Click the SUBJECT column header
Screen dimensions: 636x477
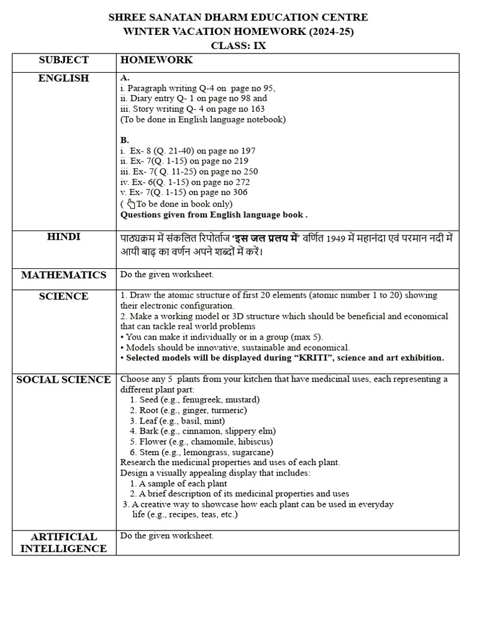[x=64, y=60]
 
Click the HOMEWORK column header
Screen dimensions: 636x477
[x=157, y=60]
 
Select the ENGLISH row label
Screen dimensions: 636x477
[x=64, y=78]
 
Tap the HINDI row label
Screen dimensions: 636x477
[x=64, y=237]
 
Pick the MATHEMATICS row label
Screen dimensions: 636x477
[x=64, y=275]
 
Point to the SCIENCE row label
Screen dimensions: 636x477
[x=64, y=296]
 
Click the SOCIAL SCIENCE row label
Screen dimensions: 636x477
[x=64, y=379]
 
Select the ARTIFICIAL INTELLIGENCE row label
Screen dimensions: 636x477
[x=64, y=542]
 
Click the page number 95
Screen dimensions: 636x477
[x=268, y=88]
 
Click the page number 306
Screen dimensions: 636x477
[x=239, y=193]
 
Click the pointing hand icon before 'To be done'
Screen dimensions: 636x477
[x=130, y=203]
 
